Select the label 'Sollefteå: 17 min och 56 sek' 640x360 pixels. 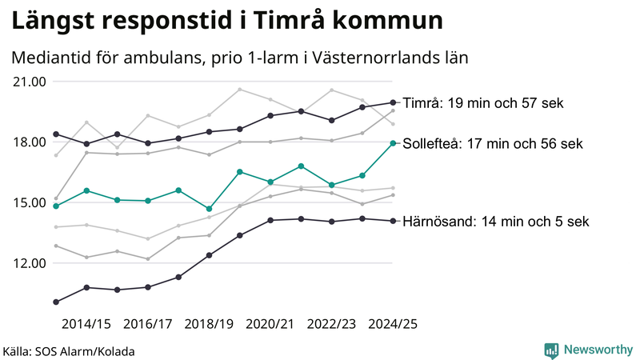(x=492, y=144)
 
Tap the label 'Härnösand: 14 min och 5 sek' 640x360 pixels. (x=496, y=222)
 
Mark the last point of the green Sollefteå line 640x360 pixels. (x=392, y=143)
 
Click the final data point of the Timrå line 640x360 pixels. (x=392, y=102)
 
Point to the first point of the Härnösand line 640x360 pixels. (x=56, y=302)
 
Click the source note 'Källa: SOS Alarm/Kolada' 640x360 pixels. (x=69, y=351)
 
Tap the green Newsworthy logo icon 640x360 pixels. (x=551, y=350)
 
